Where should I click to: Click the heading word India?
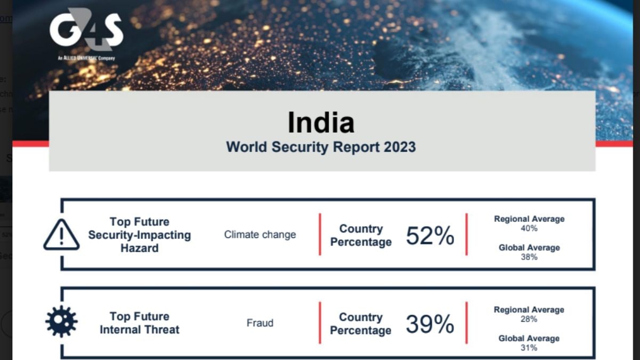[321, 122]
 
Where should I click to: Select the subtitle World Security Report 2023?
[321, 147]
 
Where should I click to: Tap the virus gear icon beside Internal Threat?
[61, 322]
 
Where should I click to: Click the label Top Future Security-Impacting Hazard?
[139, 235]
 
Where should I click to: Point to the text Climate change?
[260, 235]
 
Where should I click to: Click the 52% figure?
[430, 235]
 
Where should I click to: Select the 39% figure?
[430, 324]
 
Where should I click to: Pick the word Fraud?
[260, 323]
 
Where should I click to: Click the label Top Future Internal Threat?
[139, 323]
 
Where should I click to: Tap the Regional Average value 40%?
[529, 228]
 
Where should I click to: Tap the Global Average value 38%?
[529, 257]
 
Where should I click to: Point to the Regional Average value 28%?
[529, 319]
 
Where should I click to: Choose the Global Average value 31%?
[529, 348]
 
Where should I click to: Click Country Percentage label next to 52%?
[361, 235]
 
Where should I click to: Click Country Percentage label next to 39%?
[361, 324]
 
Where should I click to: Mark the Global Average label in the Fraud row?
[529, 338]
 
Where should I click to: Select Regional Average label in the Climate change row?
[529, 219]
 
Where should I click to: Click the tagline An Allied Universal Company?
[86, 58]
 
